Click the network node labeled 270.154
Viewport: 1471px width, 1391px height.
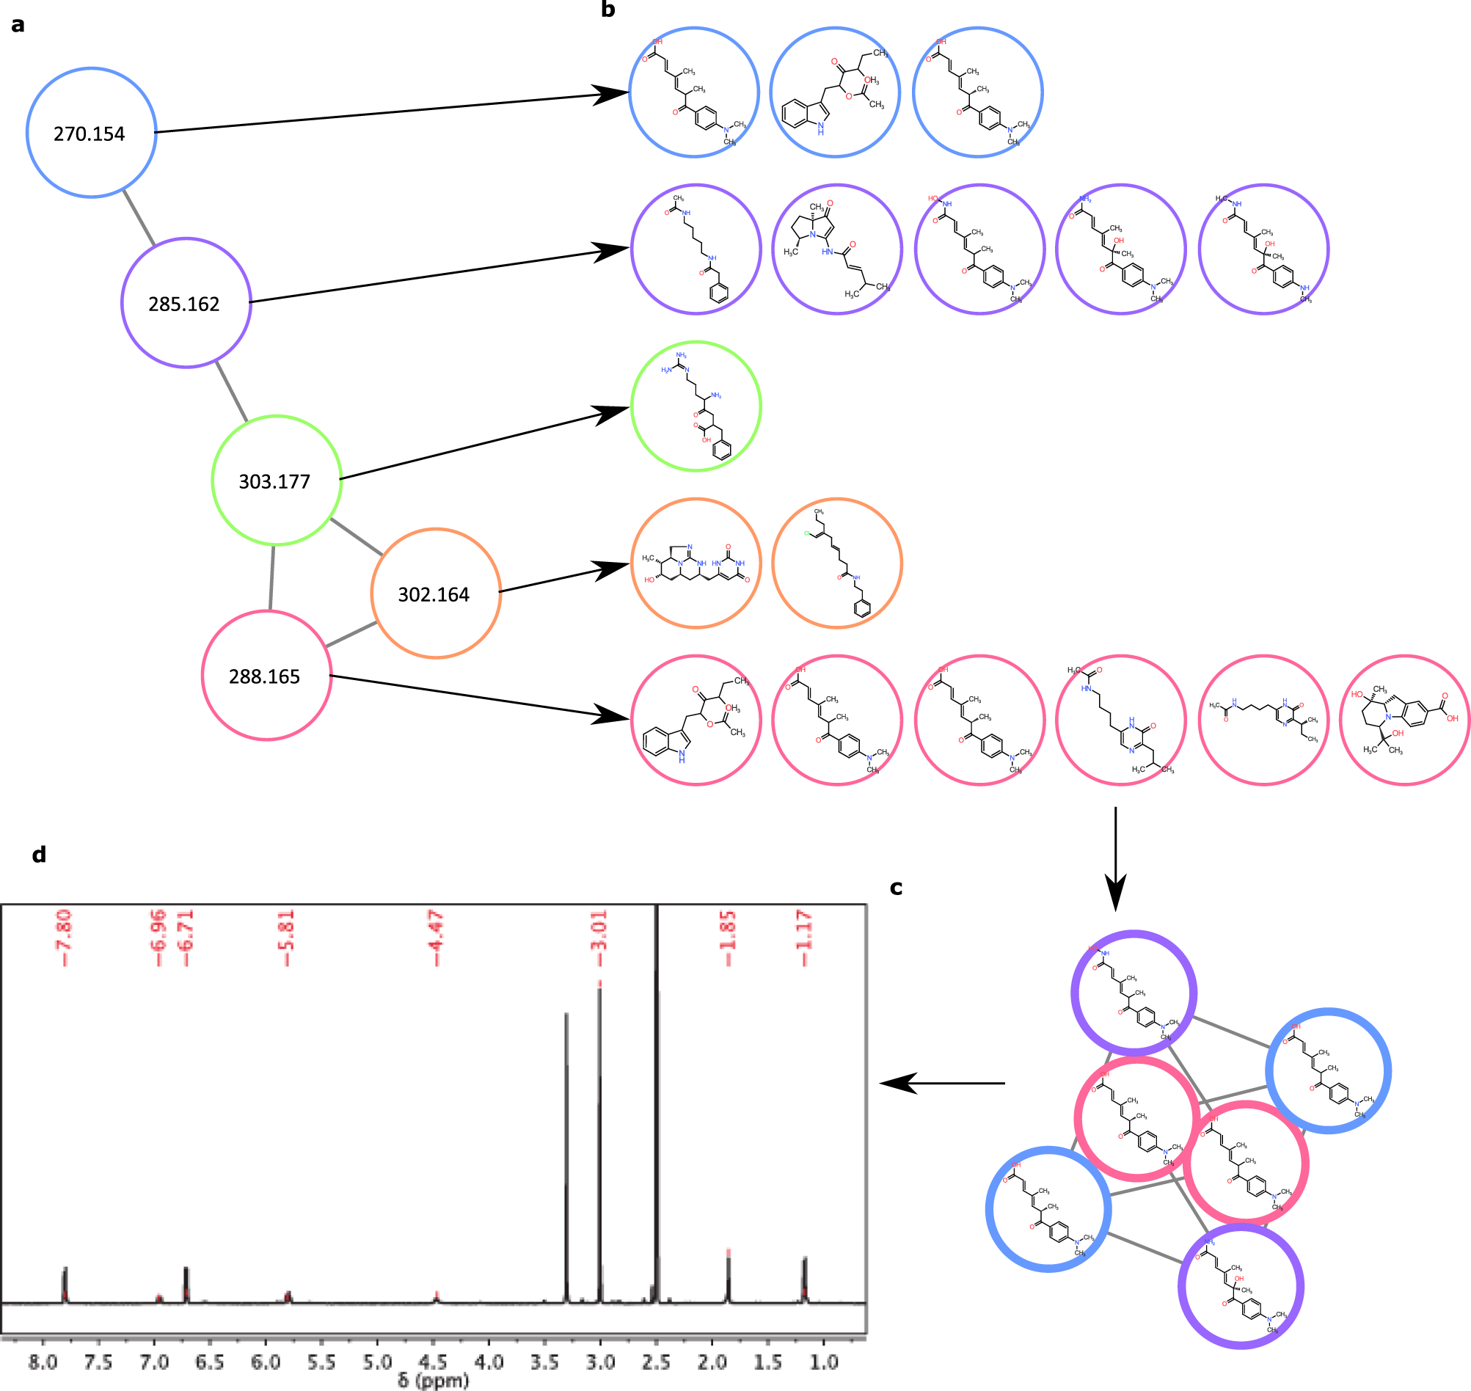pos(91,133)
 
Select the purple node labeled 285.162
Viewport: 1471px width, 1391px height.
pos(186,302)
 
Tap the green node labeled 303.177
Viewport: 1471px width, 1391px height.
pos(277,481)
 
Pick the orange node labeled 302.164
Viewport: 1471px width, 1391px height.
pos(436,594)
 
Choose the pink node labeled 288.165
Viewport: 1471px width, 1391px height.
pos(266,676)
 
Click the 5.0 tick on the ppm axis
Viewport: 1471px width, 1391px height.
pos(376,1362)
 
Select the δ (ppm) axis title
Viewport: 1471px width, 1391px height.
pos(433,1380)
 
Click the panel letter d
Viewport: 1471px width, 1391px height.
pos(39,854)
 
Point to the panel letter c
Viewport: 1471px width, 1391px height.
pos(896,888)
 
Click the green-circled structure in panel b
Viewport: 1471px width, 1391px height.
pos(696,406)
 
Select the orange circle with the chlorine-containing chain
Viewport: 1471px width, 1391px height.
pos(837,563)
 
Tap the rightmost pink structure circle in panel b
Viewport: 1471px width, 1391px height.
pos(1404,720)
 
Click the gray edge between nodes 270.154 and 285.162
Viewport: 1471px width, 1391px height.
pos(139,217)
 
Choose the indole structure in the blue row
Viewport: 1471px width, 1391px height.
pos(835,92)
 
